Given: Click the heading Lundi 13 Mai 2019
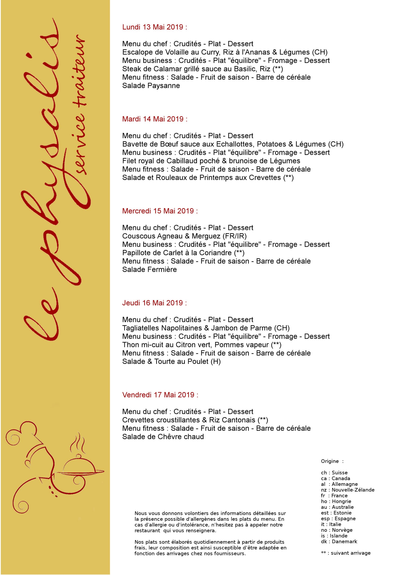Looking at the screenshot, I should pos(154,27).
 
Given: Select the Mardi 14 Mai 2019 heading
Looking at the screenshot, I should pos(155,119).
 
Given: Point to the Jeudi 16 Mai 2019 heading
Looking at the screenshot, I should pos(154,303).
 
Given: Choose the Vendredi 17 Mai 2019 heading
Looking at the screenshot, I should pos(160,395).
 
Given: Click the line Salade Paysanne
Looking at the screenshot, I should pos(151,86).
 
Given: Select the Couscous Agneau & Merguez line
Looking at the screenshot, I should pos(184,236).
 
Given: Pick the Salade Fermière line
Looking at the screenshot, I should pos(149,270).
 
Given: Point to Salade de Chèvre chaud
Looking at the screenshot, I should pos(163,437).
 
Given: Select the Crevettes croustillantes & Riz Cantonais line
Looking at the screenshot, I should pos(195,420).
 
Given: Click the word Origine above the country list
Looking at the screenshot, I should pos(330,461).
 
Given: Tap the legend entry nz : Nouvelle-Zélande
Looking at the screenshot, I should pos(347,490).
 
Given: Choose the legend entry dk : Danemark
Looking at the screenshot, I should pos(339,541).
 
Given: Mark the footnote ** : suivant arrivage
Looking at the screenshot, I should pos(345,553).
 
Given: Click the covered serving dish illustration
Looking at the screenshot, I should pos(80,468).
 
